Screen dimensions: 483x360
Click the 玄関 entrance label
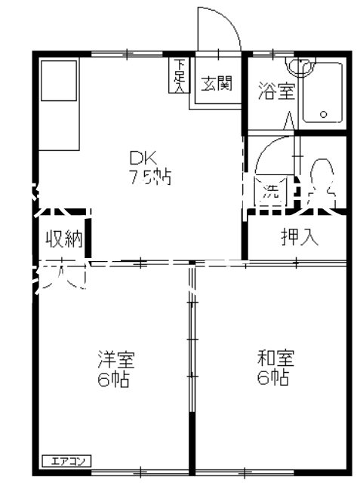click(216, 83)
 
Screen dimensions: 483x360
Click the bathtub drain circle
click(323, 115)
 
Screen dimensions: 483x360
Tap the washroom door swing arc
click(272, 155)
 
